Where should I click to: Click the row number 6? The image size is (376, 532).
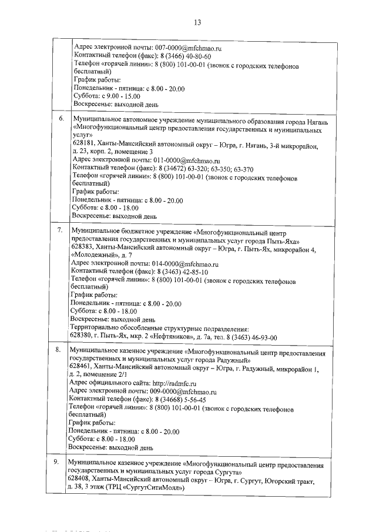(61, 119)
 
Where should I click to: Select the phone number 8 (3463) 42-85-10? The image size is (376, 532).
(180, 273)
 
